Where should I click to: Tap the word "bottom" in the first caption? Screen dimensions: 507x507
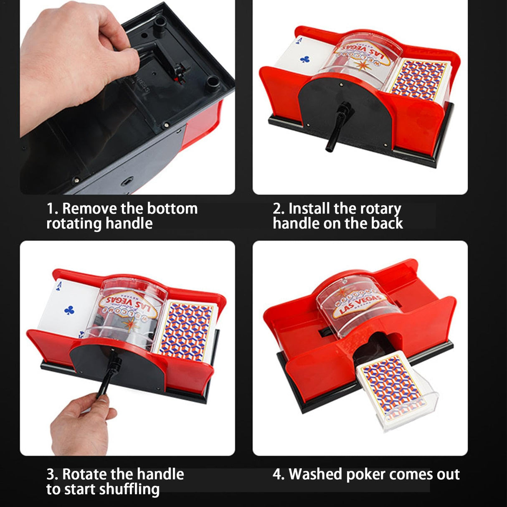(172, 208)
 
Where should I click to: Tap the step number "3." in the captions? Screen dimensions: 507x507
(52, 474)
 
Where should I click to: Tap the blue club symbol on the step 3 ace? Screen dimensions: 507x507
(69, 310)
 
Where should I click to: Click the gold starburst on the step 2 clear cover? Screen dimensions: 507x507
(361, 66)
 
